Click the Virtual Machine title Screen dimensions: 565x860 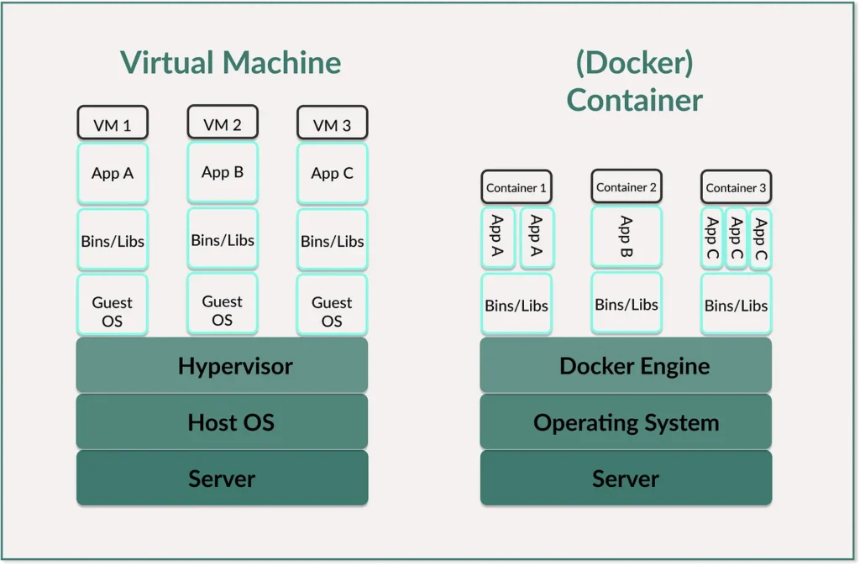point(230,63)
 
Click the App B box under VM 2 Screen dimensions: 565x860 point(223,173)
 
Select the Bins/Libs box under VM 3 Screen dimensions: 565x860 point(332,240)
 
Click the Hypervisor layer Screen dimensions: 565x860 point(223,365)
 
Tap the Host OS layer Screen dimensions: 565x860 point(223,421)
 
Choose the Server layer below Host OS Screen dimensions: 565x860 point(223,478)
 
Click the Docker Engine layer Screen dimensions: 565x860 point(626,365)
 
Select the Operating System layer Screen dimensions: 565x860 point(626,421)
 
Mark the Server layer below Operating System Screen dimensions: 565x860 point(626,478)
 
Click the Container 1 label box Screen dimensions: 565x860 point(517,186)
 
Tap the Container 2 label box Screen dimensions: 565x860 point(626,186)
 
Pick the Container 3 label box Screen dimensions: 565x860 point(736,186)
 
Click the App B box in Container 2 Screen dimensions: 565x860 point(626,237)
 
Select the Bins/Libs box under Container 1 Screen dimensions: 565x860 point(517,304)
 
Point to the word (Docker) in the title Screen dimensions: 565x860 point(635,63)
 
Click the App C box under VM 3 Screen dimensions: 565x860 point(332,173)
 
